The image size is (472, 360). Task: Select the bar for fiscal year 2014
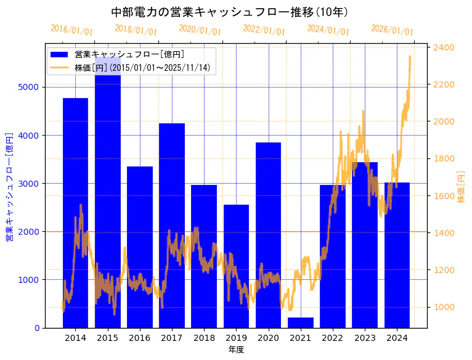pos(75,213)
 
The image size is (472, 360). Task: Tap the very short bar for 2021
pos(300,322)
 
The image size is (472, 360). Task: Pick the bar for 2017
pos(172,226)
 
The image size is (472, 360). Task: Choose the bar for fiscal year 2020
pos(268,235)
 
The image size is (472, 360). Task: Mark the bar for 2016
pos(140,247)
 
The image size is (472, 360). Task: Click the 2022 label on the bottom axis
pos(332,338)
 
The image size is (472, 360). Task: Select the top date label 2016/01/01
pos(72,30)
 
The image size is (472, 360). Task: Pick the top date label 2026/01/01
pos(393,30)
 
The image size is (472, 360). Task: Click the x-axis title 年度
pos(236,350)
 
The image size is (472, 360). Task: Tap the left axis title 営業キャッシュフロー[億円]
pos(9,186)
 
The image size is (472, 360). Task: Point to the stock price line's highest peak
pos(410,56)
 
